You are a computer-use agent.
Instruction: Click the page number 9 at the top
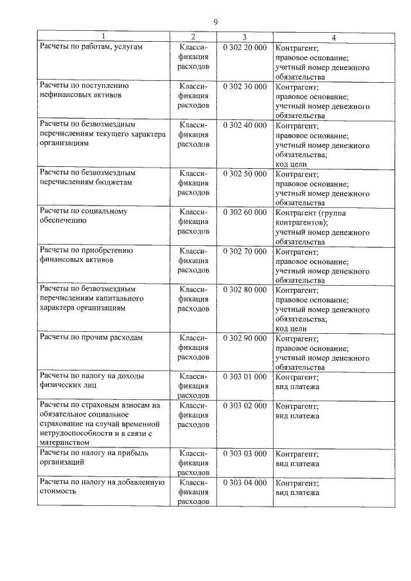(x=216, y=22)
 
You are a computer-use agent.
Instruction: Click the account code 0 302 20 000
(x=245, y=48)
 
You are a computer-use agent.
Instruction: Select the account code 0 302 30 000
(x=245, y=86)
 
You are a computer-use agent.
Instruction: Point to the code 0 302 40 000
(x=245, y=125)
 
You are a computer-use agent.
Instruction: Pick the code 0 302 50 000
(x=245, y=173)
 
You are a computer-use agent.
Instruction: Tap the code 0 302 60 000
(x=245, y=212)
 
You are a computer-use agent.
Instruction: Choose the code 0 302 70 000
(x=245, y=251)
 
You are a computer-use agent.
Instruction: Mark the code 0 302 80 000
(x=245, y=290)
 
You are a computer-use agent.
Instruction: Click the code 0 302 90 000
(x=245, y=338)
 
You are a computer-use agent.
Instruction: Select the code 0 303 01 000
(x=245, y=376)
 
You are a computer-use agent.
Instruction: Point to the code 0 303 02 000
(x=245, y=406)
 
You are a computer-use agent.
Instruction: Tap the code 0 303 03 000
(x=245, y=453)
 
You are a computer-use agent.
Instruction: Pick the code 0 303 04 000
(x=245, y=482)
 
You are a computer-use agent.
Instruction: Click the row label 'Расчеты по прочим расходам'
(x=91, y=338)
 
